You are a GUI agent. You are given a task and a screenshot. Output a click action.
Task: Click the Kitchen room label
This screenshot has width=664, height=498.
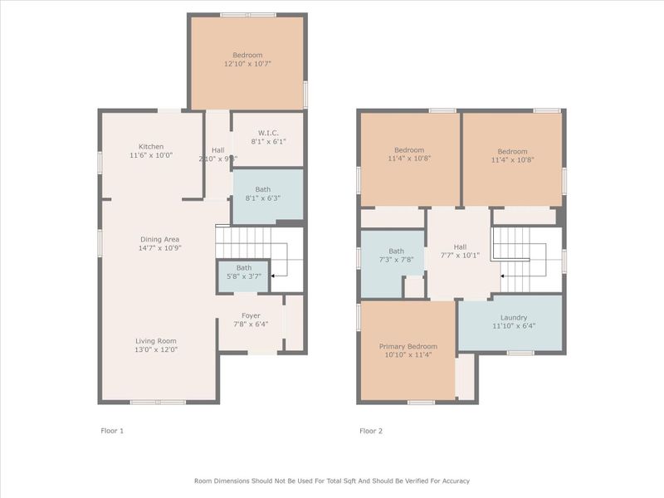click(151, 146)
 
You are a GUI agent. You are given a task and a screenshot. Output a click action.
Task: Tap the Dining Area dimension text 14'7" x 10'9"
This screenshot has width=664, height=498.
click(161, 248)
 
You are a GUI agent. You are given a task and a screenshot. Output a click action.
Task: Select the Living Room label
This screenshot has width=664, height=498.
click(156, 340)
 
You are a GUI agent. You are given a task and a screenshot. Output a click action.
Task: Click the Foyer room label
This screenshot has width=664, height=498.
click(251, 315)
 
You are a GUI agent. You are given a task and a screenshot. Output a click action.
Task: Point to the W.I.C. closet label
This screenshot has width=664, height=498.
click(267, 132)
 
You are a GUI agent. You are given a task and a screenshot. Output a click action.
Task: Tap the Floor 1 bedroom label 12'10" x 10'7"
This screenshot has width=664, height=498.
click(248, 55)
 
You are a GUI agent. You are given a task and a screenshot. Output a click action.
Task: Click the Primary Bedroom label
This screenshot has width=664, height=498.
click(408, 346)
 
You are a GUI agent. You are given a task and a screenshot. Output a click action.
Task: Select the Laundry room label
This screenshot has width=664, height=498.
click(513, 318)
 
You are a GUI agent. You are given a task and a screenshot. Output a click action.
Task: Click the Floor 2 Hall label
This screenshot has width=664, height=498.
click(460, 247)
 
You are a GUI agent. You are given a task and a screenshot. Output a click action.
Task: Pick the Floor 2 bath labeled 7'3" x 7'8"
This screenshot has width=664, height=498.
click(396, 251)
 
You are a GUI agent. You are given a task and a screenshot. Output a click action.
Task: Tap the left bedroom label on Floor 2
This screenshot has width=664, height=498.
click(409, 150)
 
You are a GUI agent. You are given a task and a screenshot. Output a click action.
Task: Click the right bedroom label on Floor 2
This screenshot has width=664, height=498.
click(512, 151)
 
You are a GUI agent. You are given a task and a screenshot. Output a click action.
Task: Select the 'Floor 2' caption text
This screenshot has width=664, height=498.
click(371, 431)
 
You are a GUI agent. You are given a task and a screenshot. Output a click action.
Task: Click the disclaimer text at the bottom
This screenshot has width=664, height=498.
click(332, 481)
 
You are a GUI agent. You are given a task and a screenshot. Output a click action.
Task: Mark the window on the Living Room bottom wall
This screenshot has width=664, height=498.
click(158, 403)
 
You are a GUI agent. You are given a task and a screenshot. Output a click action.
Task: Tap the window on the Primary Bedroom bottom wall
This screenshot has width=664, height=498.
click(421, 403)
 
